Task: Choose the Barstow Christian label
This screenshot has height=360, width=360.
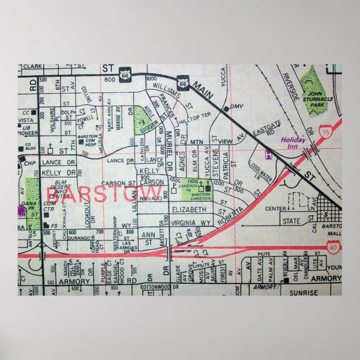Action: [x=201, y=195]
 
